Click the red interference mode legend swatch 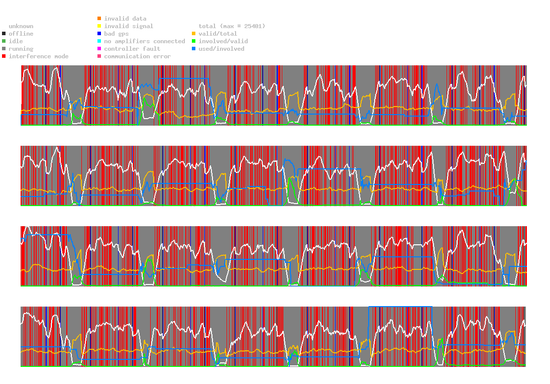[4, 56]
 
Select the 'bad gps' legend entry [116, 34]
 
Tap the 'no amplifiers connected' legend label [144, 41]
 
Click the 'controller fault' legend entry [132, 49]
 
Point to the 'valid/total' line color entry [217, 34]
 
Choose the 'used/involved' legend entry [221, 49]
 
